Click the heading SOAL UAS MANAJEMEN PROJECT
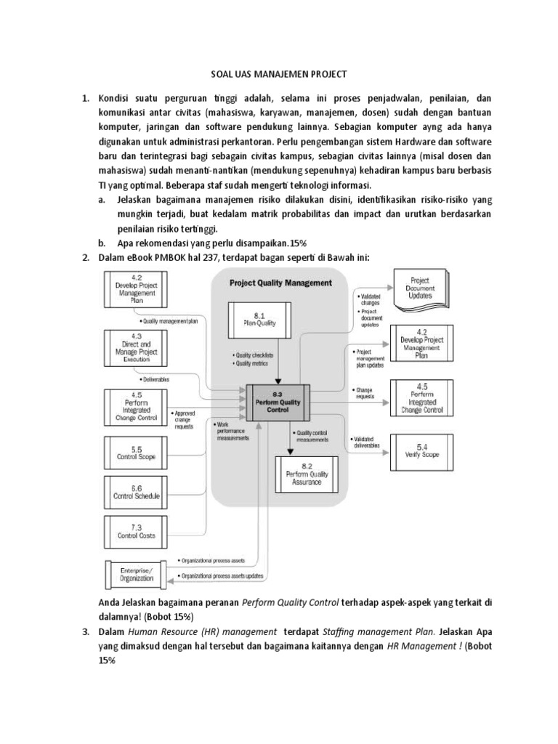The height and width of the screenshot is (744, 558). [279, 74]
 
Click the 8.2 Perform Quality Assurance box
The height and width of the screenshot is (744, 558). [307, 474]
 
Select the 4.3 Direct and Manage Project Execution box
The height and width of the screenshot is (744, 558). [137, 347]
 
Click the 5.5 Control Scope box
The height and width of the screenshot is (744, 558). [137, 453]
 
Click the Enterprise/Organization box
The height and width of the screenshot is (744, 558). [137, 575]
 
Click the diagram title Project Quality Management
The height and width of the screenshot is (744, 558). [280, 283]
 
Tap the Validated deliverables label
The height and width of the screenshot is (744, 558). [367, 442]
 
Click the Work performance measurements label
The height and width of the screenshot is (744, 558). [232, 431]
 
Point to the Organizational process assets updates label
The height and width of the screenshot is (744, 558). [221, 577]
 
